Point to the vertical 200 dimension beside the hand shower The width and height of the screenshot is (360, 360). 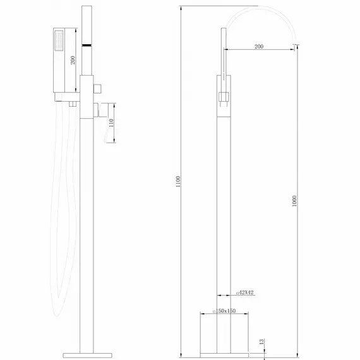click(73, 61)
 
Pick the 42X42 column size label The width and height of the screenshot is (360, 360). click(245, 292)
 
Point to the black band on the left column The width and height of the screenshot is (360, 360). click(87, 45)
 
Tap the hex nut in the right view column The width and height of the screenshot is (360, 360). click(223, 97)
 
